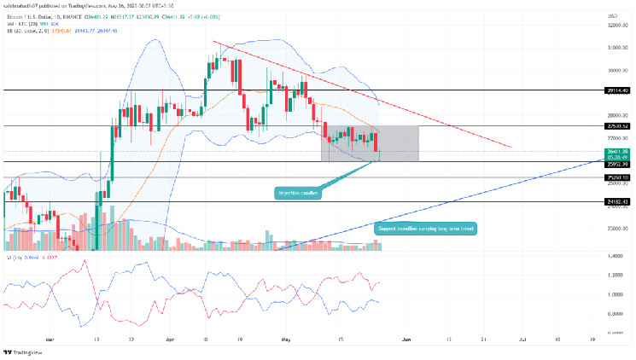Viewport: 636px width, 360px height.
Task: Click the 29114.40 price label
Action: point(618,90)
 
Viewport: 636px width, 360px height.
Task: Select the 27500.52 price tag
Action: point(618,126)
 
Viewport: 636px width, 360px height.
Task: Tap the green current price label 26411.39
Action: point(618,150)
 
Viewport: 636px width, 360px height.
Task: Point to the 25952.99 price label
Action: point(618,162)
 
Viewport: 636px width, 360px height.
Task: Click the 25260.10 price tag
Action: point(618,177)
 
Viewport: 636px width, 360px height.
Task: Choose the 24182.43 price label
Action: point(618,202)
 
